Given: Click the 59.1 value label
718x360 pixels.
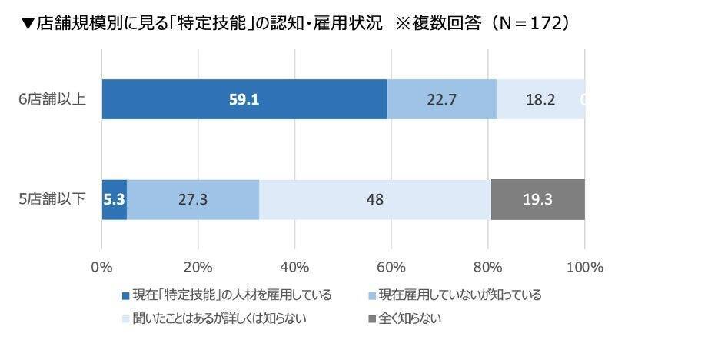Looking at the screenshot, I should point(244,99).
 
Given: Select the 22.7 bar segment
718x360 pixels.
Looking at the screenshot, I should point(441,99).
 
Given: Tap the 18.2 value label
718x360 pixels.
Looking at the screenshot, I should point(540,99).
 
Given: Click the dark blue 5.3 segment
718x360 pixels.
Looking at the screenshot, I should point(114,199).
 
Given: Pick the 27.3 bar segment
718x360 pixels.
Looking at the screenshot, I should point(192,199).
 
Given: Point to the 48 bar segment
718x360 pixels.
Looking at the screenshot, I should point(374,199).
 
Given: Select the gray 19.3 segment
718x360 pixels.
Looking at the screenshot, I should point(537,199).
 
